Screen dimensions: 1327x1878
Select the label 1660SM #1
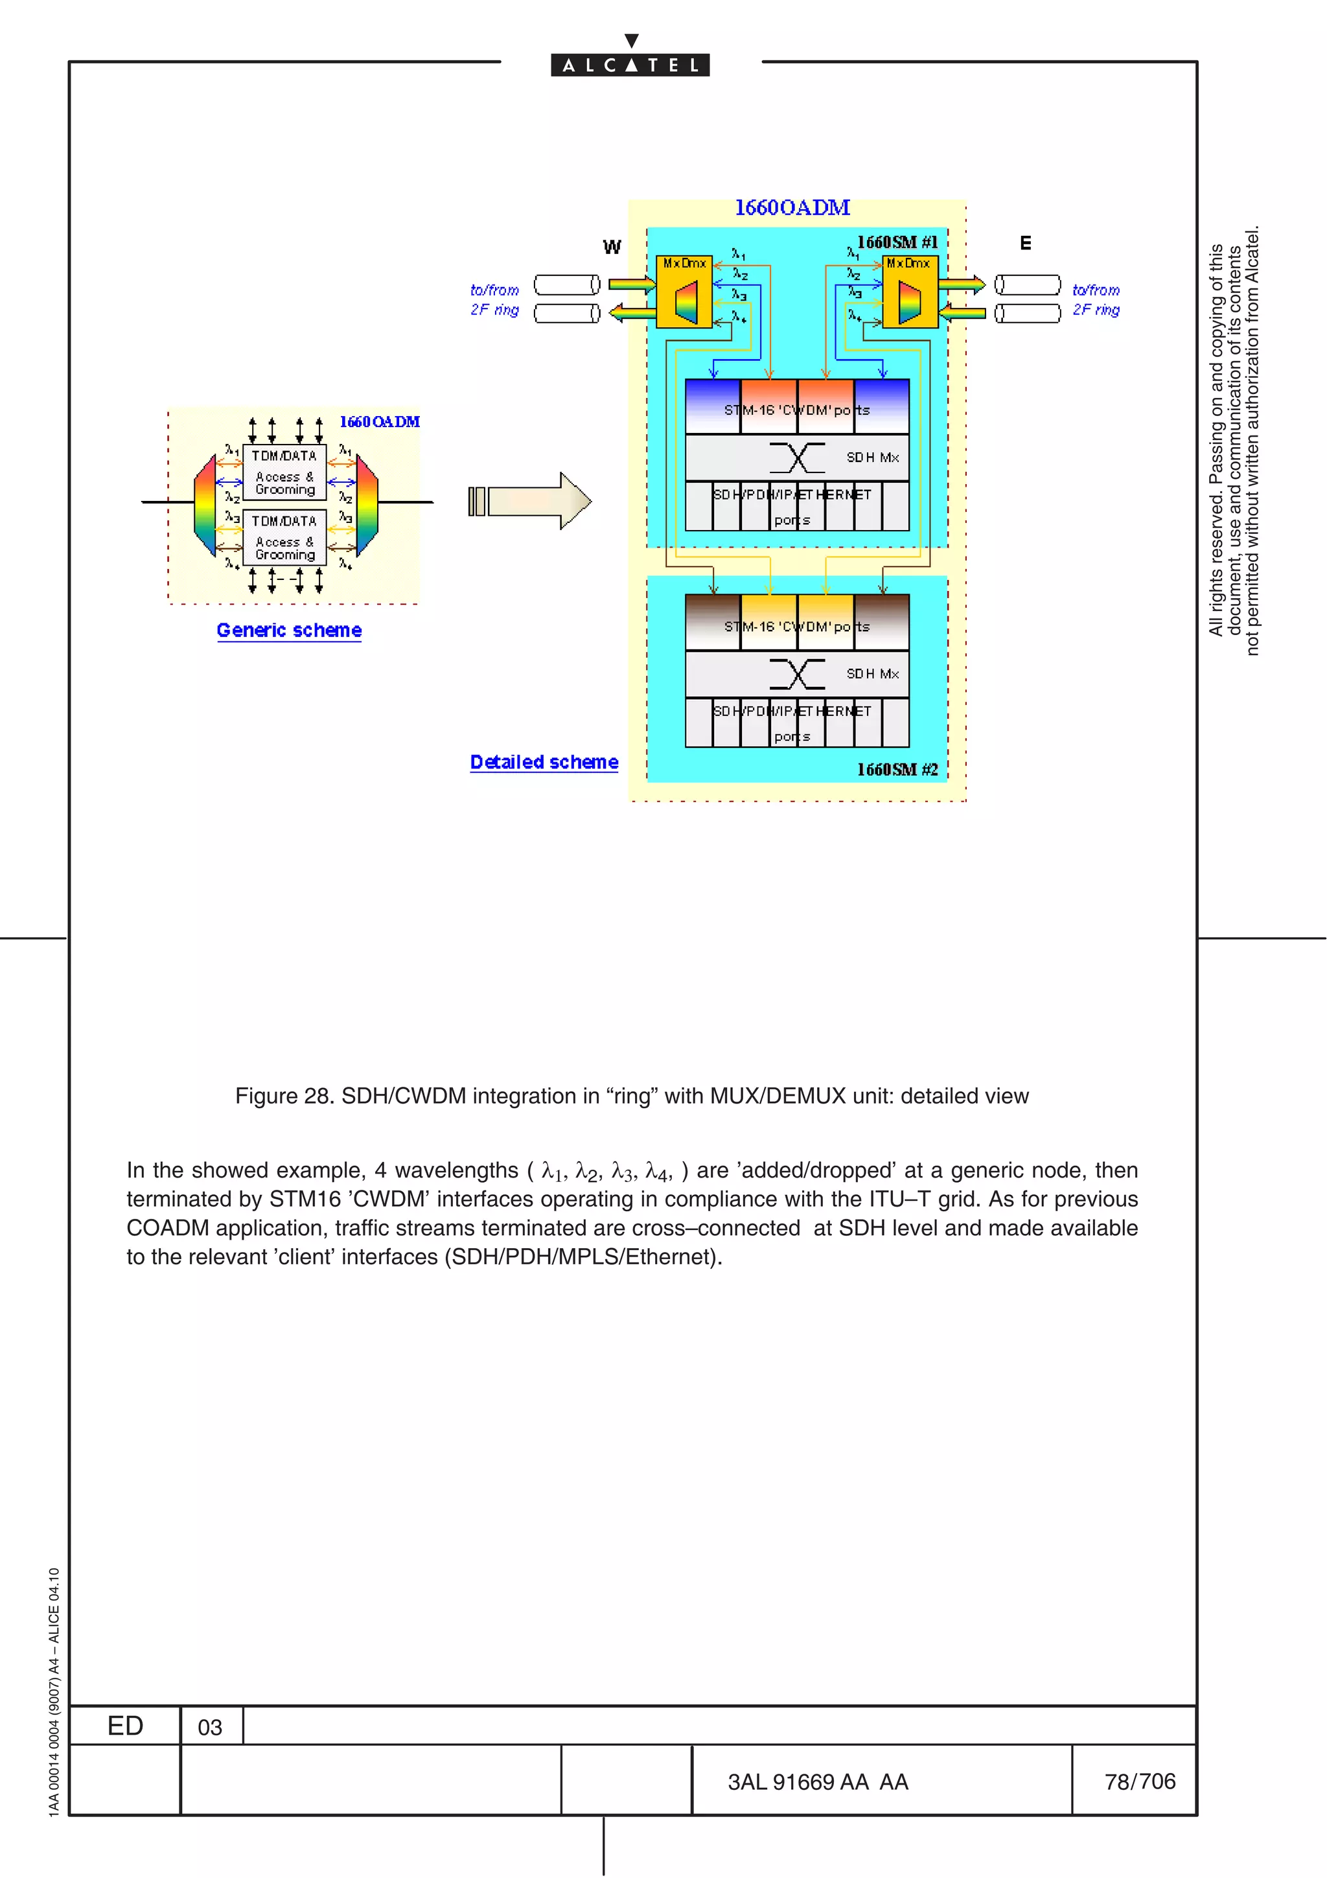pos(897,242)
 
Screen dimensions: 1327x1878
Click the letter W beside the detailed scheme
pos(612,247)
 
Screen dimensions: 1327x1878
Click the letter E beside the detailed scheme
pos(1025,243)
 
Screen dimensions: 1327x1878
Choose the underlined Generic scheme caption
pos(288,631)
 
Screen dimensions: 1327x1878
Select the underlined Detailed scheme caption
pos(544,762)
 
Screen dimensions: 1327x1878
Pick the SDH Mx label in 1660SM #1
pos(872,458)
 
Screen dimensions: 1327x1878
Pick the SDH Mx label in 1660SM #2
pos(872,674)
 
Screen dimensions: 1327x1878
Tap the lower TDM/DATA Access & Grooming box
pos(284,537)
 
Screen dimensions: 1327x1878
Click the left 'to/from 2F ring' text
pos(494,300)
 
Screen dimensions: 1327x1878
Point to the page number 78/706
pos(1140,1781)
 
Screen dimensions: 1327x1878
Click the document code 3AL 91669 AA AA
pos(818,1782)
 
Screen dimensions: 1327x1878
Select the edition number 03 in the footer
pos(210,1728)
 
